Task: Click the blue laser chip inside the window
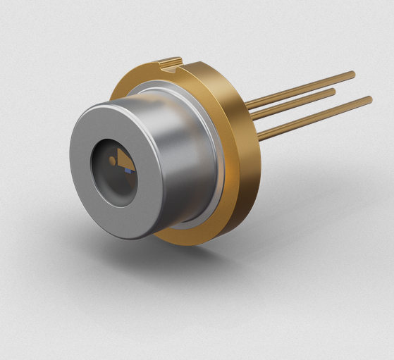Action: coord(129,169)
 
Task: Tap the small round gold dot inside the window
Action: coord(112,161)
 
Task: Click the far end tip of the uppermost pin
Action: coord(352,74)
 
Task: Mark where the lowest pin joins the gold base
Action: coord(260,133)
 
